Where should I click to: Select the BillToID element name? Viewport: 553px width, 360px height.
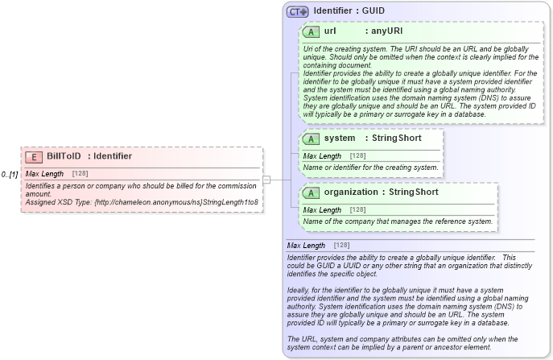click(x=64, y=156)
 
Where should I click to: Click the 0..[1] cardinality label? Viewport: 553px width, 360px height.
click(x=10, y=174)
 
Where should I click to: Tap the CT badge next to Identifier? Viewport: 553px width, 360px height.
click(x=298, y=11)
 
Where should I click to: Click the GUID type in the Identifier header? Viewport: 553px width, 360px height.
click(x=373, y=11)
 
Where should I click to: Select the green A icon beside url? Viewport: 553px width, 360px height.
click(x=311, y=31)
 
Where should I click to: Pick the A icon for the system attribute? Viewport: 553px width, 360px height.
click(x=311, y=139)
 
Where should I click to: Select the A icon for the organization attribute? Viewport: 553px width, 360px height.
click(x=311, y=192)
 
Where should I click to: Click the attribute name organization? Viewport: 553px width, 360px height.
click(x=350, y=192)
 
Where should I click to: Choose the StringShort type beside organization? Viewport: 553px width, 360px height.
click(x=414, y=192)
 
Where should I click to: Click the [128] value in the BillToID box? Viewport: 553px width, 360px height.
click(x=80, y=174)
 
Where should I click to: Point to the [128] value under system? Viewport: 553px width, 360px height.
click(x=357, y=155)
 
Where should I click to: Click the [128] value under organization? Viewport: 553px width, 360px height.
click(x=357, y=209)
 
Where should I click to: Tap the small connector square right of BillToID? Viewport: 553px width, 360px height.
click(x=266, y=179)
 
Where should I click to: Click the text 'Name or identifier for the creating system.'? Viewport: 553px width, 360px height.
click(x=370, y=168)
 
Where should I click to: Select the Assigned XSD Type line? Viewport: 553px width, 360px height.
click(x=141, y=201)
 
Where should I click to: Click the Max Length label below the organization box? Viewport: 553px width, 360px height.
click(x=306, y=246)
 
